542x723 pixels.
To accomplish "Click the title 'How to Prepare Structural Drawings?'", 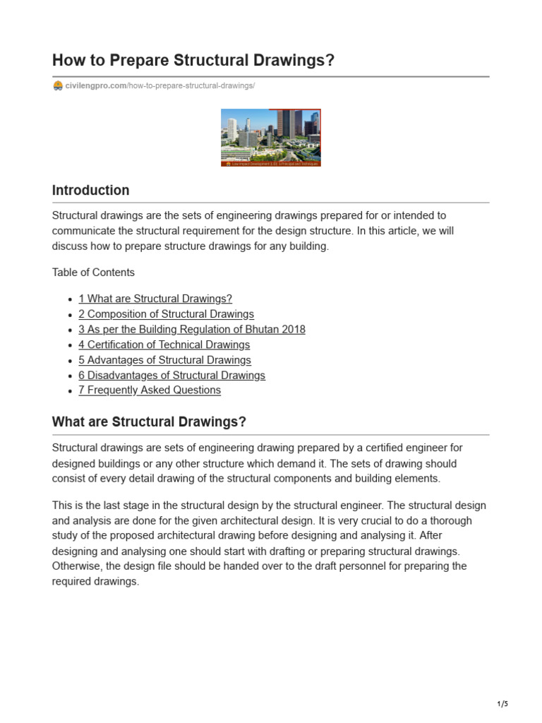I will [193, 61].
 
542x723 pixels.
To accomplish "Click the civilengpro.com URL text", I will [95, 86].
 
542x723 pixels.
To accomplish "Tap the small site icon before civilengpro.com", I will [58, 86].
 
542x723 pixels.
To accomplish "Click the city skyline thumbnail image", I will [271, 137].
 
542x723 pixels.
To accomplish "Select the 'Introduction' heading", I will [90, 191].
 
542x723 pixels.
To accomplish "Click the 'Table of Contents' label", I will [93, 273].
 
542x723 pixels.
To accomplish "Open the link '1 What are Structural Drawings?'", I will [155, 299].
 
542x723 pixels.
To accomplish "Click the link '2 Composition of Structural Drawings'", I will [166, 314].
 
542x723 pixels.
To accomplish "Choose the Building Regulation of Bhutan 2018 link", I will [192, 330].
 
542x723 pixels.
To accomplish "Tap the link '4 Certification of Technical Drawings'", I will [164, 345].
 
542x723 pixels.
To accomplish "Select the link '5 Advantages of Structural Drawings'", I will [164, 360].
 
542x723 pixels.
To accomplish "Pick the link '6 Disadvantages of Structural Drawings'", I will [171, 376].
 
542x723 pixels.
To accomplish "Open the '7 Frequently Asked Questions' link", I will [150, 390].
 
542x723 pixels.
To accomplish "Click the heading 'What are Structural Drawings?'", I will [149, 422].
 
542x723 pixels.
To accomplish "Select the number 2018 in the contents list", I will [291, 330].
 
